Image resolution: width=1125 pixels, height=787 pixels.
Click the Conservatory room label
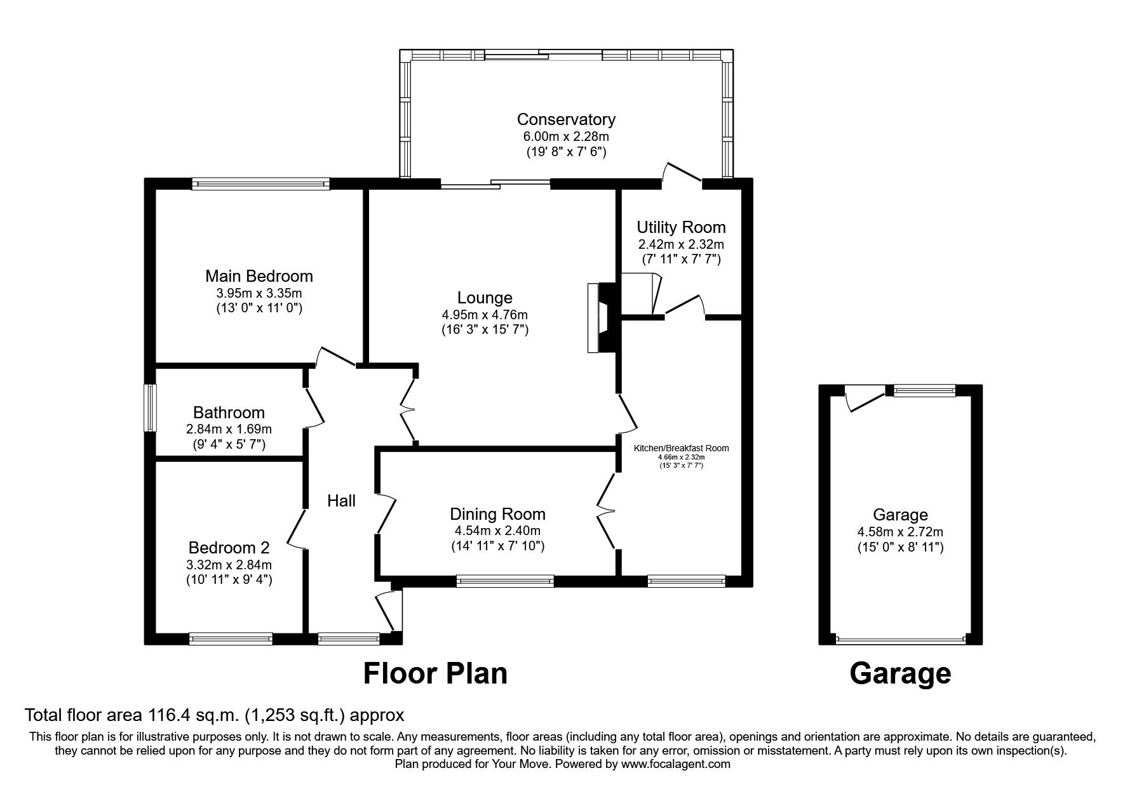(565, 119)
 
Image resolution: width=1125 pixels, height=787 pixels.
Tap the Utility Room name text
(681, 227)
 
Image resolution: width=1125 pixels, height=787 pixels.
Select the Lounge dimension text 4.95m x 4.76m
(485, 315)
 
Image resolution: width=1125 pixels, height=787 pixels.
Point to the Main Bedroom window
(260, 184)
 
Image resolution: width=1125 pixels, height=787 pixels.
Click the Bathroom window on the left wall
(150, 407)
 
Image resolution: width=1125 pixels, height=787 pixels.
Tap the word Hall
(341, 501)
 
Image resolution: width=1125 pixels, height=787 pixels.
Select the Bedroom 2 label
(229, 548)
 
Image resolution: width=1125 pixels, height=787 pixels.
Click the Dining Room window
(505, 580)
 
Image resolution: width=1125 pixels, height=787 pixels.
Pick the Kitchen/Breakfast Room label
(681, 448)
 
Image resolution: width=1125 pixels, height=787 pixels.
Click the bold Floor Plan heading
(435, 673)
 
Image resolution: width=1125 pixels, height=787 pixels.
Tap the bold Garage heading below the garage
(900, 673)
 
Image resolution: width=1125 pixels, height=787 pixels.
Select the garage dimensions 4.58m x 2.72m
(900, 532)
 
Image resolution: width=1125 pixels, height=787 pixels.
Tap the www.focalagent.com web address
(676, 764)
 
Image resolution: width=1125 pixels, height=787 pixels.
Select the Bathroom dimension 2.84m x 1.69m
(229, 429)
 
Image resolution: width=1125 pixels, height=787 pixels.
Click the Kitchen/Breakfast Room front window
(686, 580)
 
